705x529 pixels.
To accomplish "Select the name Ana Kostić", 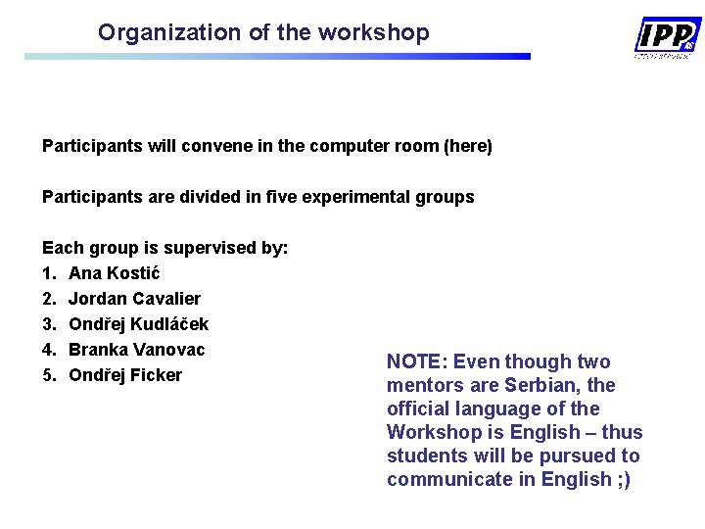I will tap(115, 273).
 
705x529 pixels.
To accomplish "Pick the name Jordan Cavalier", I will tap(134, 299).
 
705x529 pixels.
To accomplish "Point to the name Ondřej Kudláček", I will tap(138, 324).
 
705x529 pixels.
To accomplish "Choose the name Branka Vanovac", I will tap(136, 350).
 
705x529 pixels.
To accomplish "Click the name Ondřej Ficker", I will tap(124, 375).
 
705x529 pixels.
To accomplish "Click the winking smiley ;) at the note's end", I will tap(623, 479).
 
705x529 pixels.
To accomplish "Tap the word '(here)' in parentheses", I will tap(468, 146).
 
